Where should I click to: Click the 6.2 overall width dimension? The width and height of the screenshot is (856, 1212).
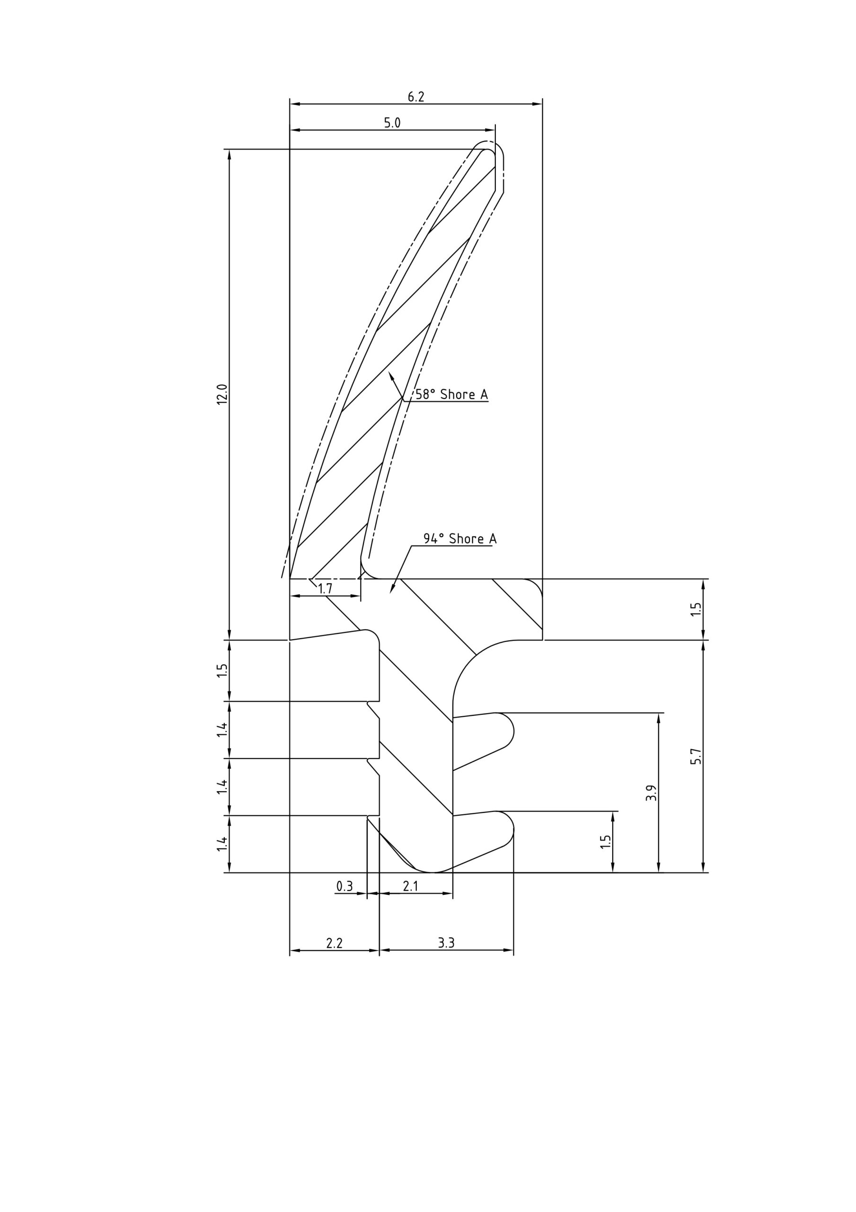[416, 97]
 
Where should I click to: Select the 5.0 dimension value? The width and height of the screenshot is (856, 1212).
[392, 123]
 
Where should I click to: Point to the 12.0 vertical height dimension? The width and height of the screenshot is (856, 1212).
[222, 394]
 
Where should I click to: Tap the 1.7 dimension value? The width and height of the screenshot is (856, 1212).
[325, 589]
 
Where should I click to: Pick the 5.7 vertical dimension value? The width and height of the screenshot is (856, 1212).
[697, 757]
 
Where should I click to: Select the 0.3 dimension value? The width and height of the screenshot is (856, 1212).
[344, 886]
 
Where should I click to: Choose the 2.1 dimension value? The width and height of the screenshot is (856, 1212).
[411, 886]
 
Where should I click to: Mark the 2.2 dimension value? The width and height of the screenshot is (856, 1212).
[335, 943]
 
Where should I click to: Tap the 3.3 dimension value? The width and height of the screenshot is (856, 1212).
[446, 943]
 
